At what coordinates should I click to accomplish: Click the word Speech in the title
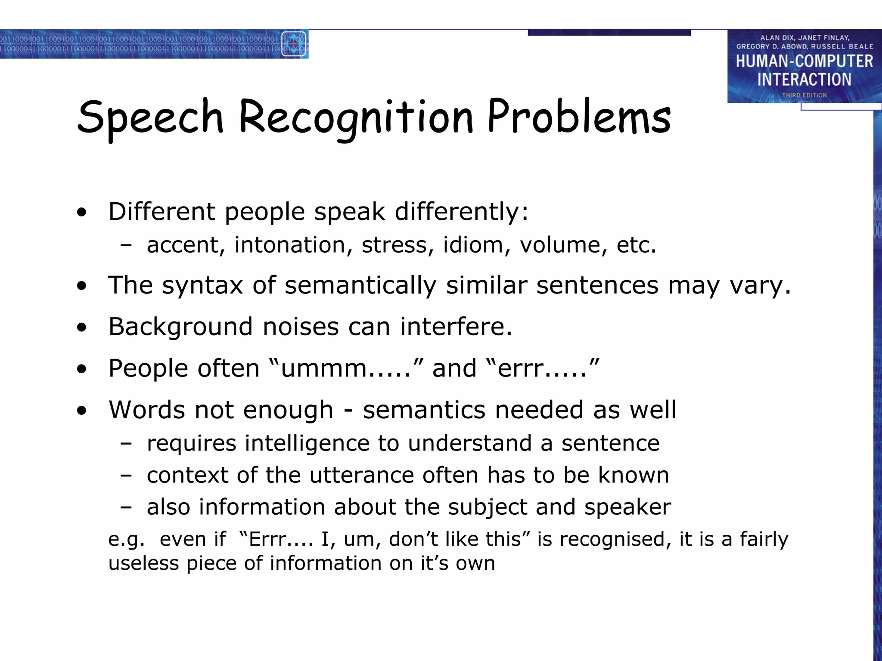(x=150, y=117)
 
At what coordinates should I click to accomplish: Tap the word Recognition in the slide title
(x=356, y=117)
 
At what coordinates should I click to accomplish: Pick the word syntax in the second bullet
(x=202, y=285)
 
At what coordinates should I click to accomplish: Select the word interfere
(x=456, y=327)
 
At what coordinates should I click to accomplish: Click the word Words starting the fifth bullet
(x=146, y=410)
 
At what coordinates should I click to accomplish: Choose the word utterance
(x=361, y=475)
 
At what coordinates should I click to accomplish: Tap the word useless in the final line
(x=143, y=563)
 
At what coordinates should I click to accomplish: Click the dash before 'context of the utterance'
(x=126, y=476)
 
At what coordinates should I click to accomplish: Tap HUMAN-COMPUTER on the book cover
(x=804, y=62)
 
